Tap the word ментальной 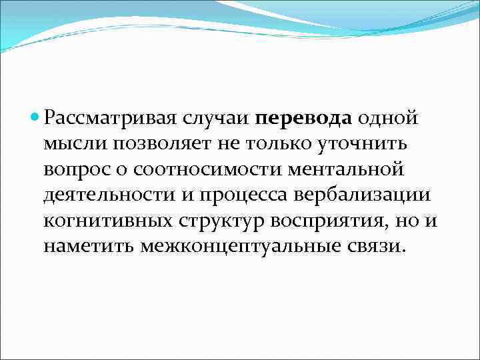[346, 170]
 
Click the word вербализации [377, 195]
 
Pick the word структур [225, 221]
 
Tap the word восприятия [336, 221]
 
